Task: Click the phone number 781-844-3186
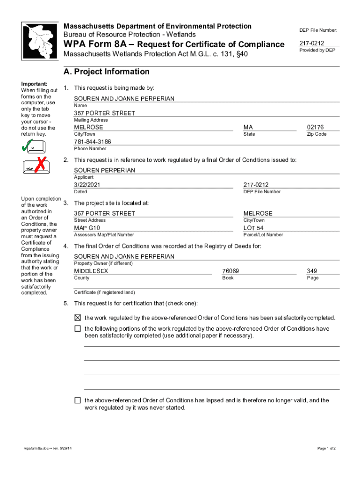pos(93,142)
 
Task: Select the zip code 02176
pos(315,127)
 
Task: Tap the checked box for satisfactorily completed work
pos(78,318)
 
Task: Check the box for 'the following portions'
pos(78,329)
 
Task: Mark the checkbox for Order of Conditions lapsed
pos(78,400)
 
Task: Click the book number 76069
pos(230,271)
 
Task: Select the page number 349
pos(312,271)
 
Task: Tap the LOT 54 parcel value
pos(253,228)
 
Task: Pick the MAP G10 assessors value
pos(87,228)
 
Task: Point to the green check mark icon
pos(28,146)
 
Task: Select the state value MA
pos(248,127)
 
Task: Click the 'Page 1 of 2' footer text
pos(326,449)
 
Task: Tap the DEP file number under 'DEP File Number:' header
pos(312,44)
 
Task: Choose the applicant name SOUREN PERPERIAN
pos(104,170)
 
